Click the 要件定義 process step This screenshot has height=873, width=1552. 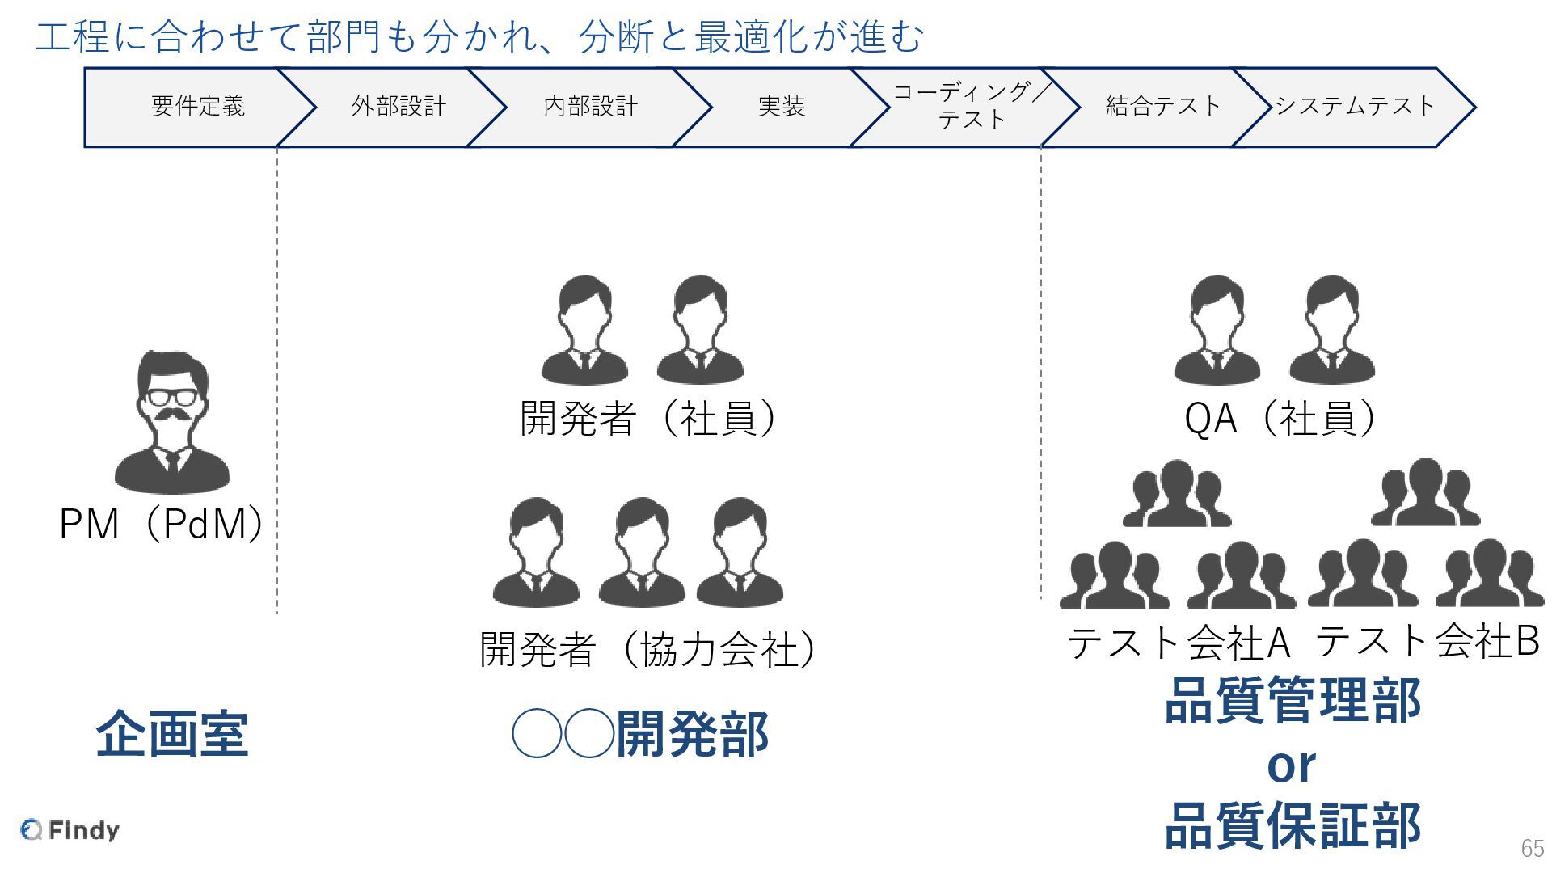coord(197,107)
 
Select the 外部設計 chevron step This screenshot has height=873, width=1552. coord(398,107)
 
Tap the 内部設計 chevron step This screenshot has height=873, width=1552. coord(590,107)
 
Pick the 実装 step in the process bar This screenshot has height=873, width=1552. coord(781,107)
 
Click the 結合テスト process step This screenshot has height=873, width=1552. coord(1162,107)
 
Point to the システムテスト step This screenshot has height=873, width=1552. coord(1355,107)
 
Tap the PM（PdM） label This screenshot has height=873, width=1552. coord(162,524)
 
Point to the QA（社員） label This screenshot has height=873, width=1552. coord(1280,419)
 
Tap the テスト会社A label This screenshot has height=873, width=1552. coord(1179,643)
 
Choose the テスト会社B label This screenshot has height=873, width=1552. coord(1428,641)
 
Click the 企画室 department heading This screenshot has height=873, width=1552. coord(171,734)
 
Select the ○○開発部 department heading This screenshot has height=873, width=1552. coord(640,734)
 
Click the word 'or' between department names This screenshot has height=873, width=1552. coord(1291,765)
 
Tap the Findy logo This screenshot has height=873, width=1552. coord(70,830)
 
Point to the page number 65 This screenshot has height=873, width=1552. coord(1532,848)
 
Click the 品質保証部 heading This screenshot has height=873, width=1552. coord(1292,826)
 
